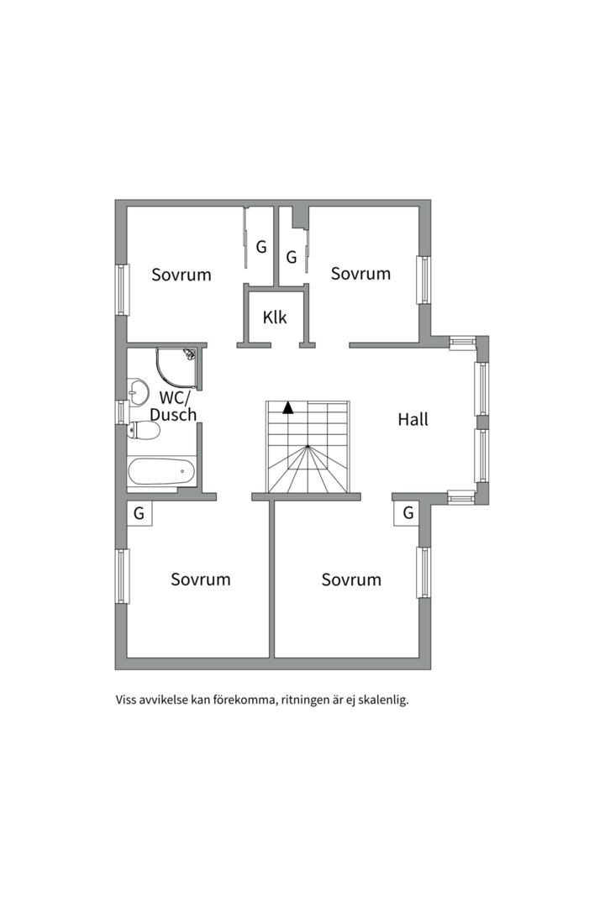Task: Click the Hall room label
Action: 413,419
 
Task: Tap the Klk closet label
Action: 275,317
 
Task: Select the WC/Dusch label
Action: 173,406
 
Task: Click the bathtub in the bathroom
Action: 162,471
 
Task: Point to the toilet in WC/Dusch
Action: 144,430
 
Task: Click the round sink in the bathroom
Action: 137,391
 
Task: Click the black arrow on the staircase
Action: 287,408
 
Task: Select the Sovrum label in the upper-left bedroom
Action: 181,274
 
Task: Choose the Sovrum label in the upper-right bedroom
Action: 360,273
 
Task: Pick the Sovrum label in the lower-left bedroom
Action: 200,579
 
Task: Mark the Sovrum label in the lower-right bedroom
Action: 351,579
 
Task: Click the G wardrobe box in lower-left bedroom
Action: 139,513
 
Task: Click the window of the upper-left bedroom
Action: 122,290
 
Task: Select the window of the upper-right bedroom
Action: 424,280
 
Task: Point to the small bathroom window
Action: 121,412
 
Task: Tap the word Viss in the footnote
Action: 125,700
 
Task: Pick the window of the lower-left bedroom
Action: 122,576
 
